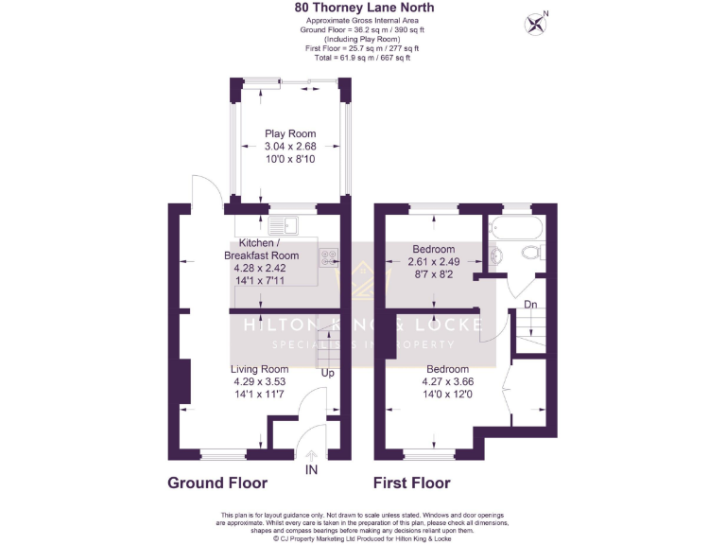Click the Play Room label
point(290,133)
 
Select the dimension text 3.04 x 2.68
point(290,147)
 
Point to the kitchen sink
point(283,225)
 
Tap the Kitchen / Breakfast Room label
point(261,249)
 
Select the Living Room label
point(260,369)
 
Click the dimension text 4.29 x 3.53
point(260,381)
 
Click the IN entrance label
point(311,469)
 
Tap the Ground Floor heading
point(216,483)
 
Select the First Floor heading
point(411,483)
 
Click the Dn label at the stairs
point(530,305)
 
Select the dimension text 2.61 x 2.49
point(433,262)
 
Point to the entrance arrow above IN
point(311,456)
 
